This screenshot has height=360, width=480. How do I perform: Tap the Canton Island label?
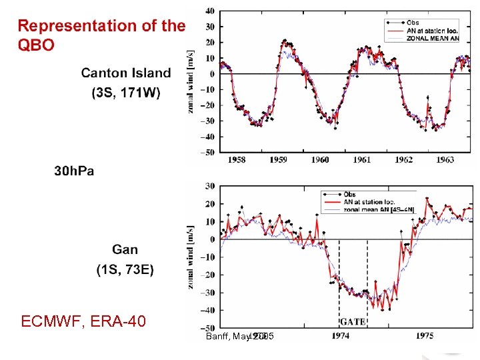pos(126,73)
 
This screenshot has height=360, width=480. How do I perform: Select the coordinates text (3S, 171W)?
pos(126,93)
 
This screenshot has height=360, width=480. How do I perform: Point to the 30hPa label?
pos(74,171)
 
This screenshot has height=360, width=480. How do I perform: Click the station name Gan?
pos(125,250)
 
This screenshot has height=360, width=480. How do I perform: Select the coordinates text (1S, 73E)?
pos(125,269)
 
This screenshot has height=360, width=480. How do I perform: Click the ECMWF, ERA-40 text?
pos(83,323)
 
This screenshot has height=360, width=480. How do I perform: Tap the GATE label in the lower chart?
pos(353,321)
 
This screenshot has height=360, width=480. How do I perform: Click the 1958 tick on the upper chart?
pos(237,160)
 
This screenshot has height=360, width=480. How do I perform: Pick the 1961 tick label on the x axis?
pos(362,160)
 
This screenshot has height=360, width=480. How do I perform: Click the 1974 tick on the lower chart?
pos(341,335)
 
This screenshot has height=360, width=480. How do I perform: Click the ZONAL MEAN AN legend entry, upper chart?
pos(436,38)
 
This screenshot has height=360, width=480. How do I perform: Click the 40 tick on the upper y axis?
pos(210,11)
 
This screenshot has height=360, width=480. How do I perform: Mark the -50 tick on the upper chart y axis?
pos(208,152)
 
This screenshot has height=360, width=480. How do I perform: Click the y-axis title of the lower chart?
pos(192,257)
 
